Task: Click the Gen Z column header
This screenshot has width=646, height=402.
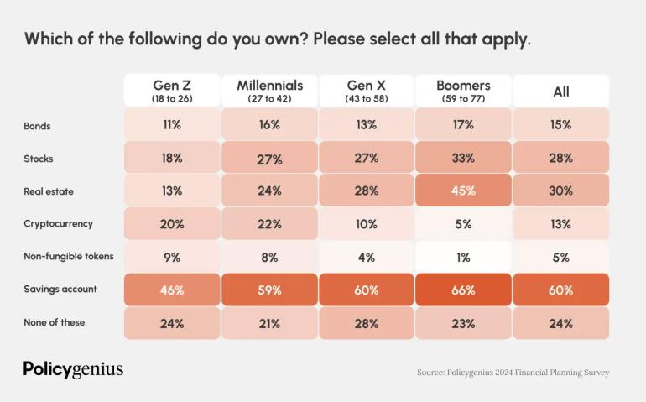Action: pyautogui.click(x=172, y=91)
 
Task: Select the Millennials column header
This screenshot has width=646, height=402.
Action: pyautogui.click(x=269, y=91)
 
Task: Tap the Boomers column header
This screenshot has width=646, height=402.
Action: pyautogui.click(x=463, y=91)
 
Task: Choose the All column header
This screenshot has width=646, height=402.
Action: pyautogui.click(x=560, y=91)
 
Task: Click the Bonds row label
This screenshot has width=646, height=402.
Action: pyautogui.click(x=38, y=125)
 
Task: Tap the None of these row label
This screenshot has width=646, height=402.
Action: pyautogui.click(x=55, y=322)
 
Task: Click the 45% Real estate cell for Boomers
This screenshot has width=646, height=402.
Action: pyautogui.click(x=463, y=191)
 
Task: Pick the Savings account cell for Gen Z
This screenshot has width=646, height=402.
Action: pyautogui.click(x=172, y=290)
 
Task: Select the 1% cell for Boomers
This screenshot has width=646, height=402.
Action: pyautogui.click(x=463, y=257)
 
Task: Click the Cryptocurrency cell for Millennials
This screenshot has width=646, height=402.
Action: pyautogui.click(x=269, y=224)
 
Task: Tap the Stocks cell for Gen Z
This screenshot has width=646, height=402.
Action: pyautogui.click(x=172, y=158)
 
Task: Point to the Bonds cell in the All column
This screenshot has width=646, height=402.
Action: pyautogui.click(x=560, y=125)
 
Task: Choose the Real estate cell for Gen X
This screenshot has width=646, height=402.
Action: pyautogui.click(x=366, y=191)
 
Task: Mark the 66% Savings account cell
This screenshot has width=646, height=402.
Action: pyautogui.click(x=463, y=290)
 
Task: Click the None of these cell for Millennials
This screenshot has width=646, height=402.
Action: pyautogui.click(x=269, y=323)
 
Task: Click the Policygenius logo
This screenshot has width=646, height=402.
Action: pyautogui.click(x=73, y=370)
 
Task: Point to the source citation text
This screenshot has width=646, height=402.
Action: pyautogui.click(x=513, y=372)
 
